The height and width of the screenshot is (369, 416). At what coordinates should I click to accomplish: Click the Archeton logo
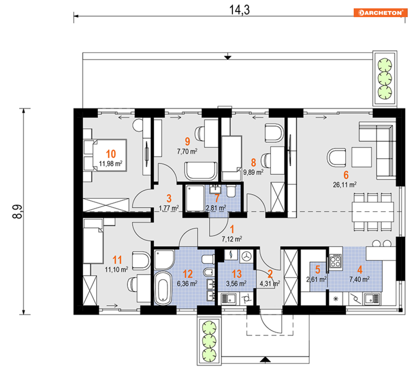tap(380, 13)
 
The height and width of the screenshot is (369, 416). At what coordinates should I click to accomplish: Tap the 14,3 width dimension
tap(239, 10)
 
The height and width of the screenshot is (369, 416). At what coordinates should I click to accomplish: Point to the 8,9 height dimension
tap(18, 211)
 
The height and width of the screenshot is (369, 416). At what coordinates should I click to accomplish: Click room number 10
tap(111, 154)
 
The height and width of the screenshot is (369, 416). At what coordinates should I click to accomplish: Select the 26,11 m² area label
tap(345, 184)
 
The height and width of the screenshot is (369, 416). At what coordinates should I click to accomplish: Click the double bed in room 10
tap(105, 155)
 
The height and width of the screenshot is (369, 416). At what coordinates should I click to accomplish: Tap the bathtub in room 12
tap(163, 288)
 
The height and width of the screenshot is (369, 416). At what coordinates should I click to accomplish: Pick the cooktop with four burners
tap(335, 260)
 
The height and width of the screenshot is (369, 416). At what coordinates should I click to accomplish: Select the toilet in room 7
tap(231, 191)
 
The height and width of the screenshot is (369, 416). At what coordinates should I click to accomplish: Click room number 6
tap(346, 175)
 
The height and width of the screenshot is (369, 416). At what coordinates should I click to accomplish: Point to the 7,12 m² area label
tap(232, 239)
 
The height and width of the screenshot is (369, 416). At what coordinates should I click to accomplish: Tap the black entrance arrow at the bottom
tap(265, 359)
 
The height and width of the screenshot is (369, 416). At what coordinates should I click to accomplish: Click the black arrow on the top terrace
tap(227, 58)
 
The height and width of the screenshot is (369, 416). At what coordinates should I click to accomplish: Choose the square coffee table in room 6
tap(362, 157)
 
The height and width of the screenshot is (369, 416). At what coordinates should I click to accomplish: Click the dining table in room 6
tap(373, 212)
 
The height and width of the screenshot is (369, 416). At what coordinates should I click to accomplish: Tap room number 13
tap(237, 274)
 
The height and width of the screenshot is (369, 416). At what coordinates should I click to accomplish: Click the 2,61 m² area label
tap(316, 279)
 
